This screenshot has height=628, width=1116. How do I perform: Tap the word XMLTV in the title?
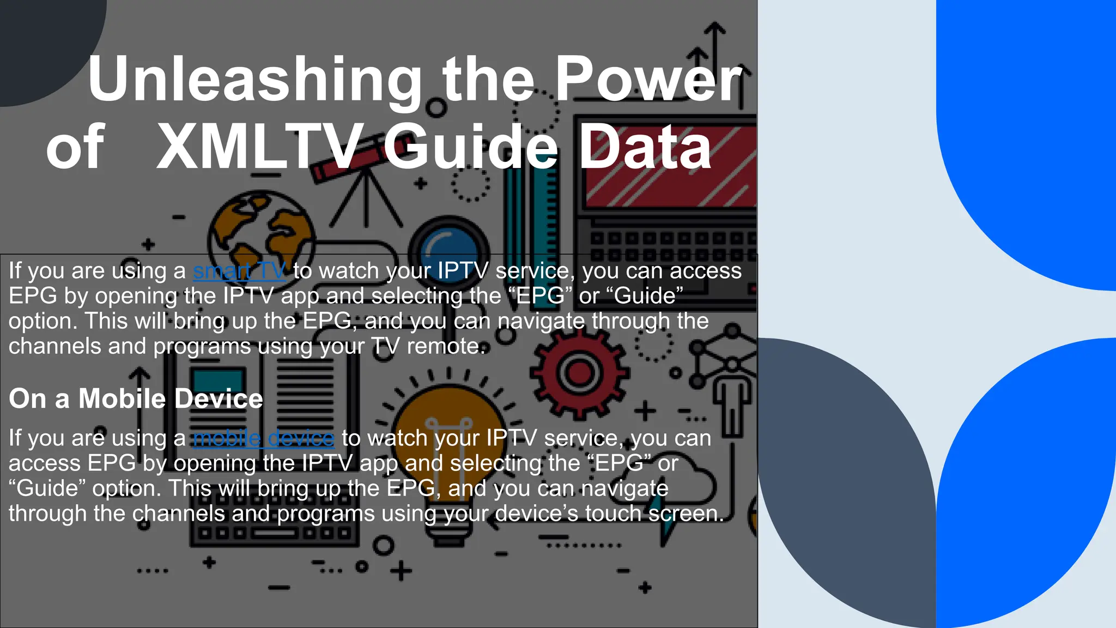[x=260, y=147]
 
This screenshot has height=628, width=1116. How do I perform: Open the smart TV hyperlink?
[x=239, y=271]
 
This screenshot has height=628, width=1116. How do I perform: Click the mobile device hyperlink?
[x=263, y=438]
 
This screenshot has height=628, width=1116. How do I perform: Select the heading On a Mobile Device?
[x=136, y=398]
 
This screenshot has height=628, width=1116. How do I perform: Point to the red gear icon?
[x=579, y=373]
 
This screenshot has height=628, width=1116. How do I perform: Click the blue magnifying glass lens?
[x=448, y=248]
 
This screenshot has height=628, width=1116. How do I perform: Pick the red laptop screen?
[x=670, y=166]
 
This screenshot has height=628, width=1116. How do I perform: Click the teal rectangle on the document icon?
[x=218, y=382]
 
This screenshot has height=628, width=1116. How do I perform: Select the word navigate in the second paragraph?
[x=623, y=488]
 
